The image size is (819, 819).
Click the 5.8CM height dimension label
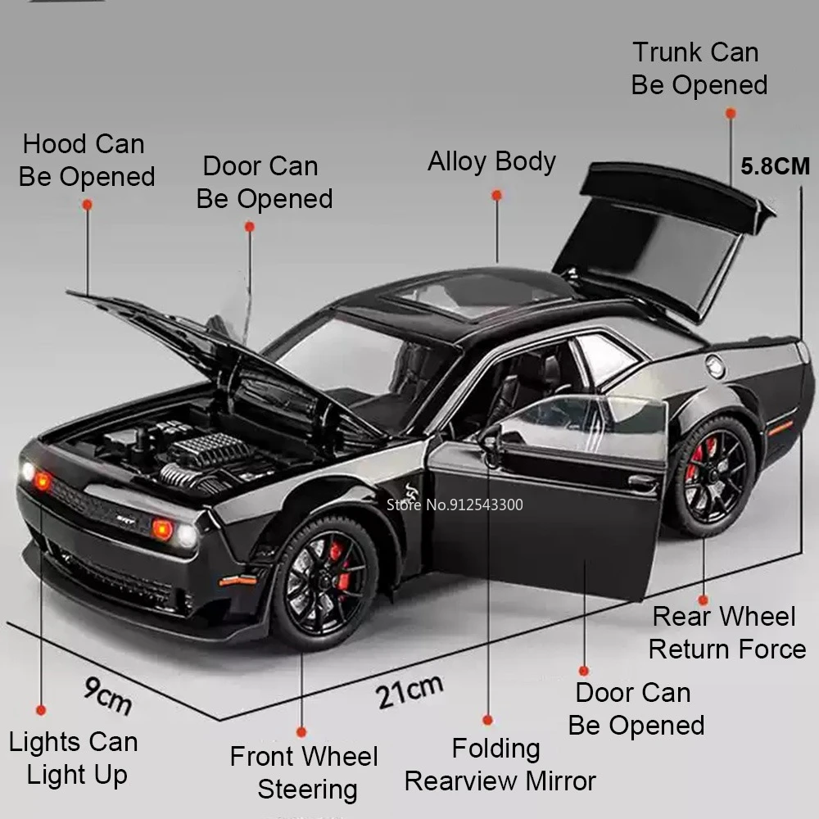(775, 166)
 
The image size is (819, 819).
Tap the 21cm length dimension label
(409, 690)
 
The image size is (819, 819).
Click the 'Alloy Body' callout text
(491, 161)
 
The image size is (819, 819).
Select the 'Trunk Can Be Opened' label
(698, 69)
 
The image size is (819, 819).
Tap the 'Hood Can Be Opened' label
(86, 161)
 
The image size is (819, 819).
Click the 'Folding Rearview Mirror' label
(500, 764)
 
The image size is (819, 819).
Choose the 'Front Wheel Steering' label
(305, 772)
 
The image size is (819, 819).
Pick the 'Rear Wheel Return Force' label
(726, 632)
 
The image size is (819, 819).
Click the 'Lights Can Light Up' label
(74, 758)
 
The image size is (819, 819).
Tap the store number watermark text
(455, 505)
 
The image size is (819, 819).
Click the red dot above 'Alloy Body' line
(496, 195)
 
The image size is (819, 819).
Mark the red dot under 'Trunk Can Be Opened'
(731, 114)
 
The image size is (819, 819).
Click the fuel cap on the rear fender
(716, 367)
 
